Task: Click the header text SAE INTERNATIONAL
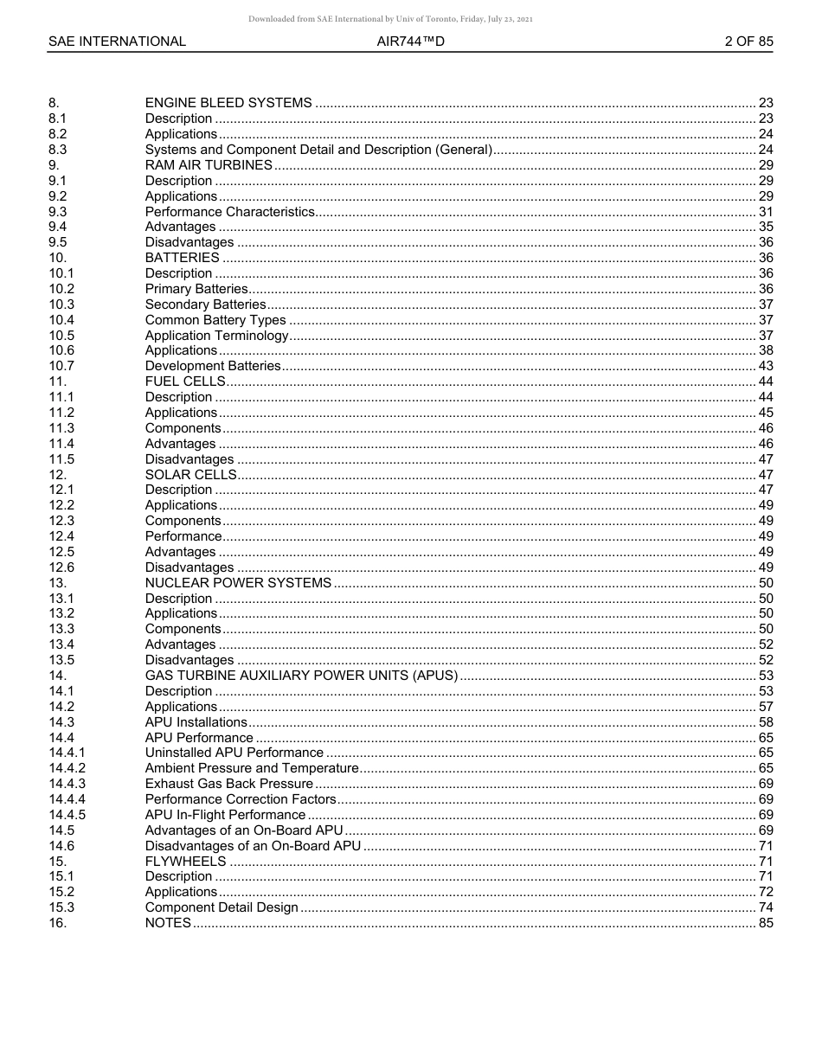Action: pos(117,42)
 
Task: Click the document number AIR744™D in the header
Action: pos(410,42)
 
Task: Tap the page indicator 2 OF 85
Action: pos(748,42)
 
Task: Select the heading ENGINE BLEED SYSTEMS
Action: pos(228,103)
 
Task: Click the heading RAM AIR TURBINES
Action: pos(209,165)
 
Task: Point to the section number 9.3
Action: pos(58,212)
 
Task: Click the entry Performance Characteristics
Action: pos(229,212)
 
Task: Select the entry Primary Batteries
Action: pos(196,289)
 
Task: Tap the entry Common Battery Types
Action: pos(215,320)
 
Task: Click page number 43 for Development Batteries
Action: pos(765,366)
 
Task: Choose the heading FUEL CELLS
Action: pos(185,381)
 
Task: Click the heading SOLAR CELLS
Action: pos(190,475)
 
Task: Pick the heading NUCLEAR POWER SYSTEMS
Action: pos(238,583)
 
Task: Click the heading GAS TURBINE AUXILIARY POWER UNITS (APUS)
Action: pos(301,676)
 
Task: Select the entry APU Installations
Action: pos(196,722)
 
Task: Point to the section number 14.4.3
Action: pos(67,784)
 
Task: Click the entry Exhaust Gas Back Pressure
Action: pos(229,784)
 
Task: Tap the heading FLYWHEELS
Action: pos(185,862)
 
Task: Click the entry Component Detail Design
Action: pos(222,907)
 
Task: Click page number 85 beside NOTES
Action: pos(765,923)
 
